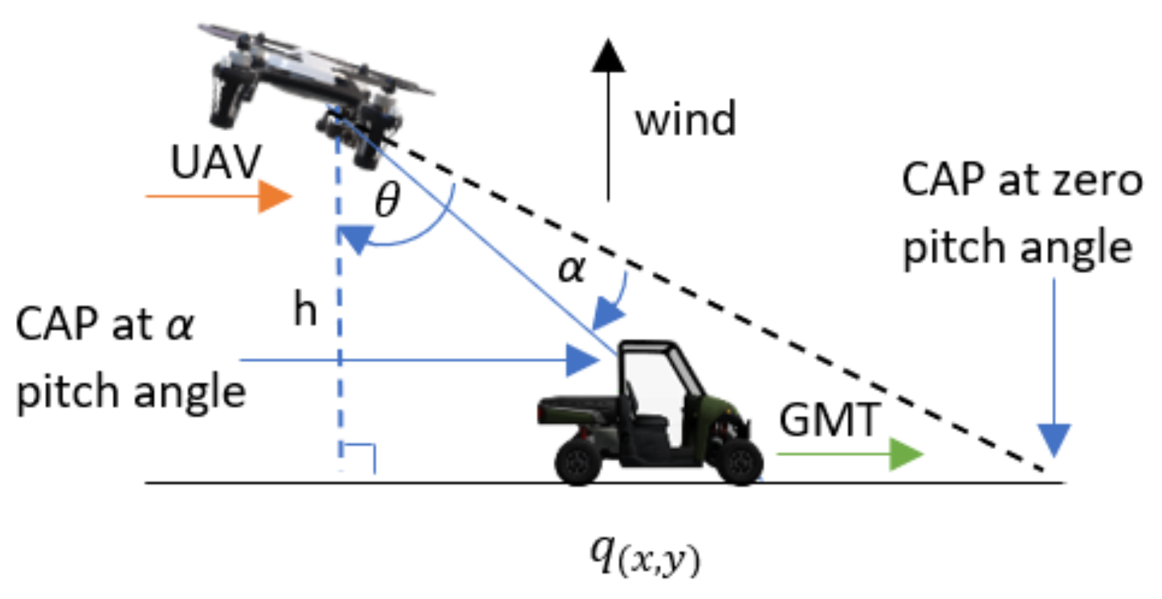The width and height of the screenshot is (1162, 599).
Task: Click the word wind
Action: [685, 119]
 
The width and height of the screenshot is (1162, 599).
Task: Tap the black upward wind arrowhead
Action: [608, 56]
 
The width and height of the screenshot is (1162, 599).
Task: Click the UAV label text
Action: [216, 163]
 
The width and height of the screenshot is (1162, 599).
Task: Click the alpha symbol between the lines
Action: [572, 269]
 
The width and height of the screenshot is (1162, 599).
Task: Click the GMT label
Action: [829, 420]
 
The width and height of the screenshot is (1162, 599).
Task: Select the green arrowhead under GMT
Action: [905, 454]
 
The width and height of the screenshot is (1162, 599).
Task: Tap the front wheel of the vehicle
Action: [740, 462]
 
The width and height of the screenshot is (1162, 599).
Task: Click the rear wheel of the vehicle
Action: [579, 462]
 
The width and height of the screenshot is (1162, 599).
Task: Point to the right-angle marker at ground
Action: [360, 457]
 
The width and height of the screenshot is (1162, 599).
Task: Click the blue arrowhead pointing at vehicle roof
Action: [581, 360]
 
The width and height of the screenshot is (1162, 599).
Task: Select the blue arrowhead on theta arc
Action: [356, 238]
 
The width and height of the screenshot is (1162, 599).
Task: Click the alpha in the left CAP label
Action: [180, 325]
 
